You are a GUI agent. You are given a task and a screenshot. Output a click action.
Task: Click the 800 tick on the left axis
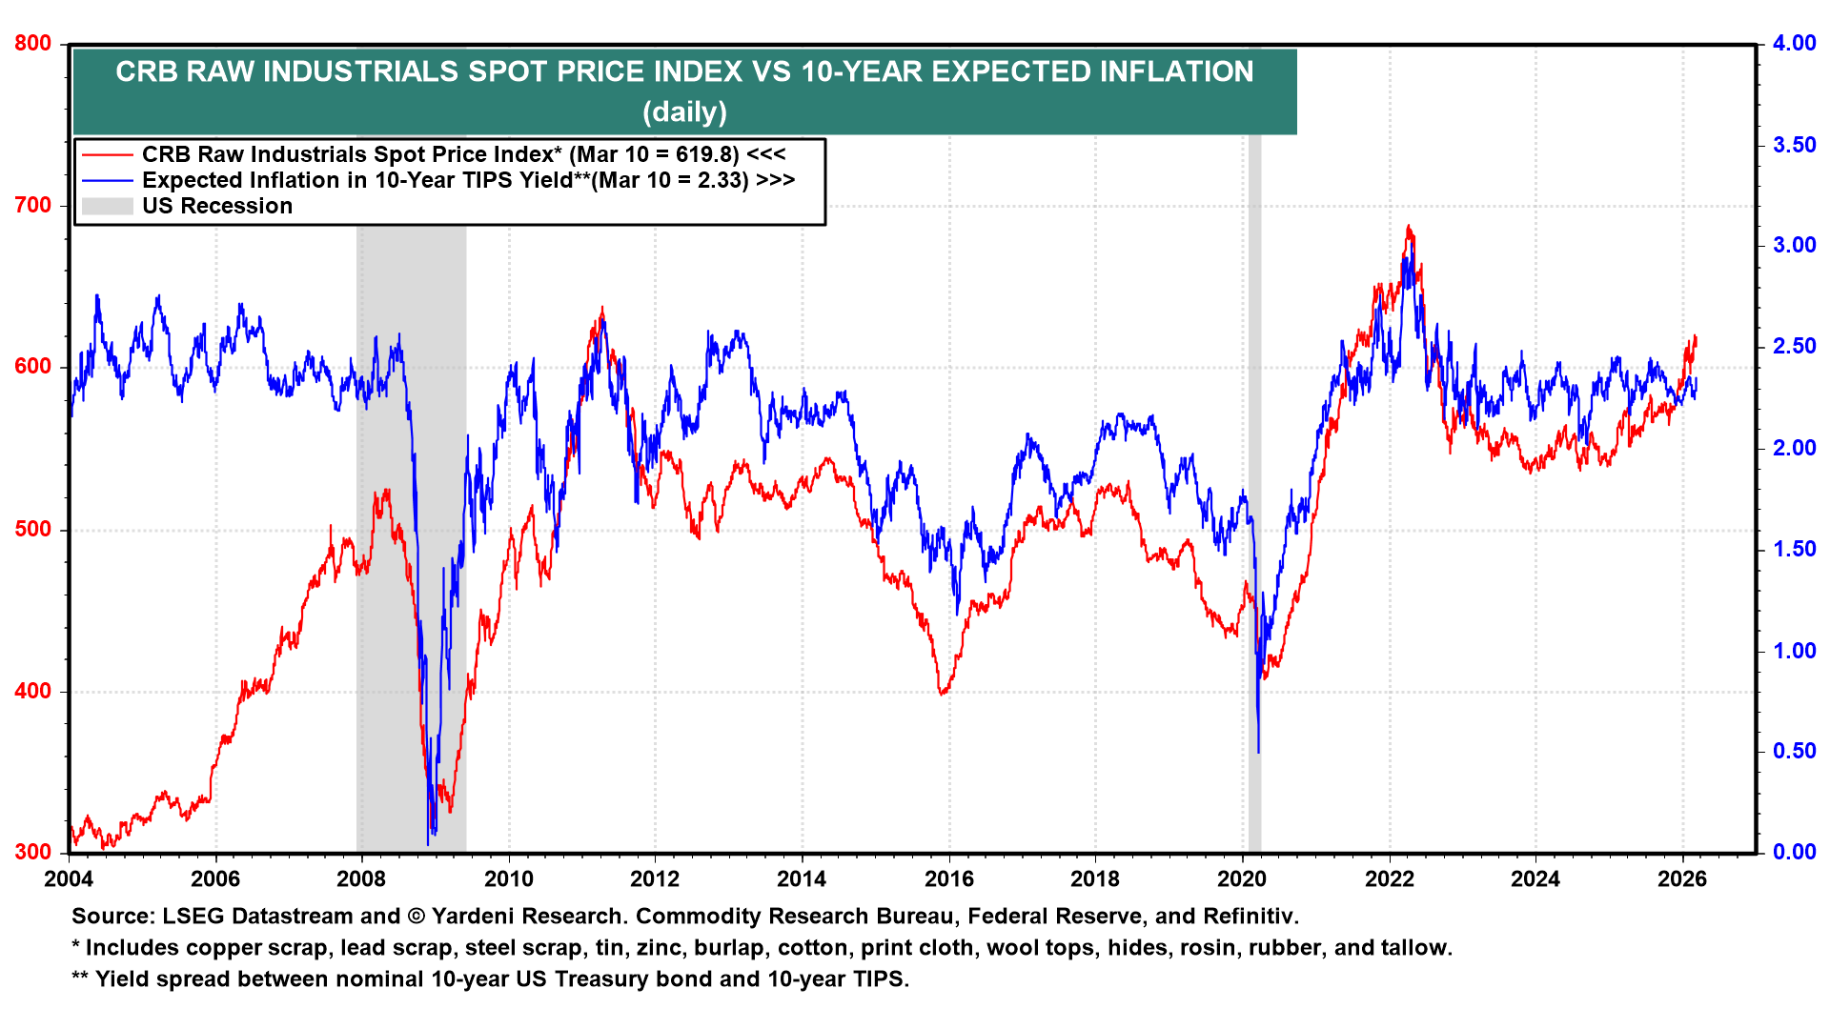(x=32, y=44)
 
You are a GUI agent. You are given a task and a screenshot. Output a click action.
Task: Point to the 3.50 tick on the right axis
(x=1794, y=145)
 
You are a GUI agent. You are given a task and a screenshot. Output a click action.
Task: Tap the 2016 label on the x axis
(x=949, y=878)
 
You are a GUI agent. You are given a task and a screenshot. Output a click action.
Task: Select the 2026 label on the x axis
(x=1682, y=878)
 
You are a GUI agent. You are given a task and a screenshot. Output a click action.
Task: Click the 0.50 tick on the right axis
(x=1794, y=752)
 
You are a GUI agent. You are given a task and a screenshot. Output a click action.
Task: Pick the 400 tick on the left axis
(x=32, y=692)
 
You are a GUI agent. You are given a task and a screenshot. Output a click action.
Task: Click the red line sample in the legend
(x=107, y=154)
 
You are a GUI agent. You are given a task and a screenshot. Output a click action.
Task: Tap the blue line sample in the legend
(x=107, y=180)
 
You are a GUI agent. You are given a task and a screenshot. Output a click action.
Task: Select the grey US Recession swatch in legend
(x=107, y=206)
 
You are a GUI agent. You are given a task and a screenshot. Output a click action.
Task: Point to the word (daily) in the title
(x=684, y=112)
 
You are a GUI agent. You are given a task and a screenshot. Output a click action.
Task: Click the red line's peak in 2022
(x=1409, y=227)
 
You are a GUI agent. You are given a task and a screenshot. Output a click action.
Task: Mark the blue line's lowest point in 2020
(x=1259, y=753)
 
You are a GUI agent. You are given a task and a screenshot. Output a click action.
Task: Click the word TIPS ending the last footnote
(x=882, y=979)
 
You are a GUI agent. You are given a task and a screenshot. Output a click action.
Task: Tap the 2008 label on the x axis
(x=362, y=878)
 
